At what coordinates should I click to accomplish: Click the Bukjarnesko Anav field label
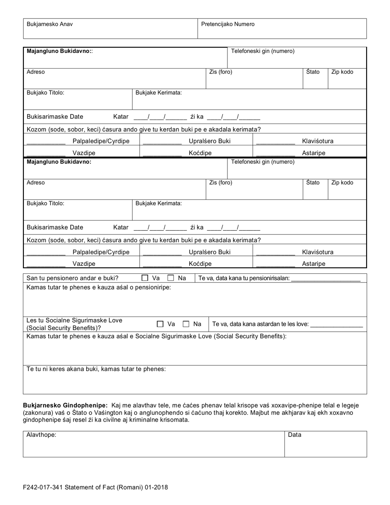coord(50,24)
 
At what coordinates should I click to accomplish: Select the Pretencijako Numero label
coord(227,24)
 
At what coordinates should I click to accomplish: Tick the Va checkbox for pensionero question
coord(145,278)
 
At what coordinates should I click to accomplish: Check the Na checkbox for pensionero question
coord(171,278)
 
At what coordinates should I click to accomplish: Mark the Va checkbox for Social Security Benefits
coord(160,324)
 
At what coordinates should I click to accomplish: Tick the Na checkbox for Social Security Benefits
coord(186,324)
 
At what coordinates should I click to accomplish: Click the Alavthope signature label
coord(41,435)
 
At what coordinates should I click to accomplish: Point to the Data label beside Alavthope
coord(294,435)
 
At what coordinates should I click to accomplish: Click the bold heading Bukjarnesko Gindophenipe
coord(65,406)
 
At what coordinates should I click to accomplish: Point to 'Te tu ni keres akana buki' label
coord(96,369)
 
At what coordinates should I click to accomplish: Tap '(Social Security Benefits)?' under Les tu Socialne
coord(64,328)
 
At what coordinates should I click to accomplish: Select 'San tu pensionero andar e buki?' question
coord(72,278)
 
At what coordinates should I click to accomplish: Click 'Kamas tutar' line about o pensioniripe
coord(99,287)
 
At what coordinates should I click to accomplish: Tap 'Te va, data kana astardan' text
coord(260,324)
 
